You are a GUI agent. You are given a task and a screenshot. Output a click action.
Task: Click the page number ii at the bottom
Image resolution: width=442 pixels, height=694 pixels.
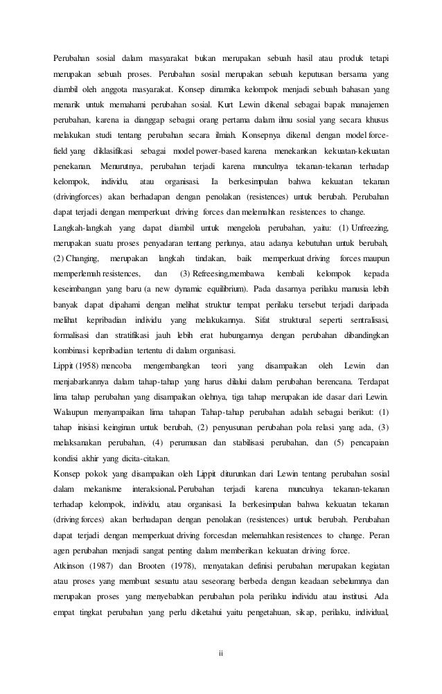tap(221, 652)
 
